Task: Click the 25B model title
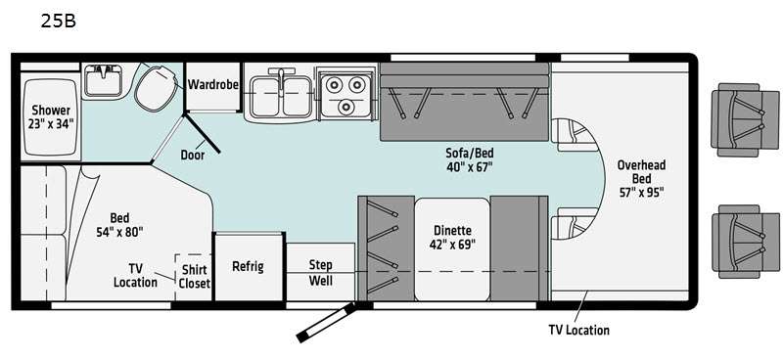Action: tap(58, 22)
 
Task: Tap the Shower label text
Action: tap(51, 110)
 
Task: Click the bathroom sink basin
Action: tap(103, 80)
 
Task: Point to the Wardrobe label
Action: tap(212, 84)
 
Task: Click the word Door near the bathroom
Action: tap(192, 156)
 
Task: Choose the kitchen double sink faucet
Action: tap(282, 80)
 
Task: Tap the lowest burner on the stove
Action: tap(345, 107)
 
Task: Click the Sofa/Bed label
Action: tap(470, 153)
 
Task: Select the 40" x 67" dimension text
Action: tap(470, 166)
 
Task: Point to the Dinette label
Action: tap(452, 231)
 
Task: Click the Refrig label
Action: tap(248, 267)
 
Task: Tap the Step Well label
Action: tap(321, 272)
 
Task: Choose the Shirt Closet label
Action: tap(194, 276)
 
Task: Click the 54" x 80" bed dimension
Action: tap(119, 232)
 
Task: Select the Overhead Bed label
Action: tap(642, 172)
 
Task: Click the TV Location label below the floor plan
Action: tap(578, 330)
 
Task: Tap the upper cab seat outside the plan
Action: tap(744, 119)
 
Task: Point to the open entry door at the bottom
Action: tap(326, 323)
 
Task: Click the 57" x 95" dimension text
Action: tap(642, 193)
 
